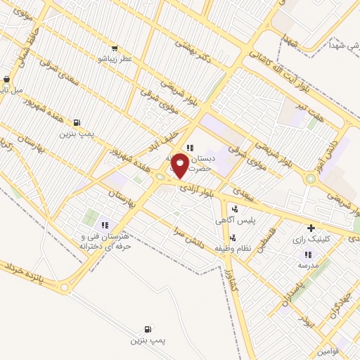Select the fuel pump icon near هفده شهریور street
coord(76,122)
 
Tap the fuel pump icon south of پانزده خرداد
coord(148,329)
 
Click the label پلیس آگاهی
coord(235,220)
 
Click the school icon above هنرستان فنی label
coord(105,225)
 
